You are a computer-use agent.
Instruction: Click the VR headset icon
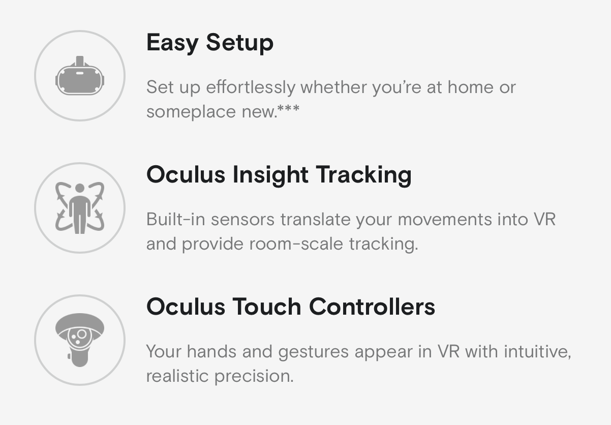(80, 76)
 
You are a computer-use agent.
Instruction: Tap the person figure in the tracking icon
(80, 208)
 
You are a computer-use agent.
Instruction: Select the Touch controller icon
(80, 340)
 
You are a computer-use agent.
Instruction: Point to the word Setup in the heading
(239, 43)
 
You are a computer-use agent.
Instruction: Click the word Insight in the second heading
(270, 175)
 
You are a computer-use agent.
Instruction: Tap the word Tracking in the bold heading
(363, 175)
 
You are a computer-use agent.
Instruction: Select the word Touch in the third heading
(267, 307)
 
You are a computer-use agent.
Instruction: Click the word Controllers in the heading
(372, 307)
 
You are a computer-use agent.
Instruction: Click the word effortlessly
(251, 88)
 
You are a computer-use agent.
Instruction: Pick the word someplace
(191, 112)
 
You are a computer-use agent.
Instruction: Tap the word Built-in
(176, 219)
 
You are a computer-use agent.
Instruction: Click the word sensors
(242, 220)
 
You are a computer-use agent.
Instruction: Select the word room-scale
(296, 244)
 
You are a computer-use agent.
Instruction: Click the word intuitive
(537, 352)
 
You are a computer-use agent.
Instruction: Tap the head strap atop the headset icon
(80, 61)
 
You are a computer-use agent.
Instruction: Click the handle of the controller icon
(80, 356)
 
